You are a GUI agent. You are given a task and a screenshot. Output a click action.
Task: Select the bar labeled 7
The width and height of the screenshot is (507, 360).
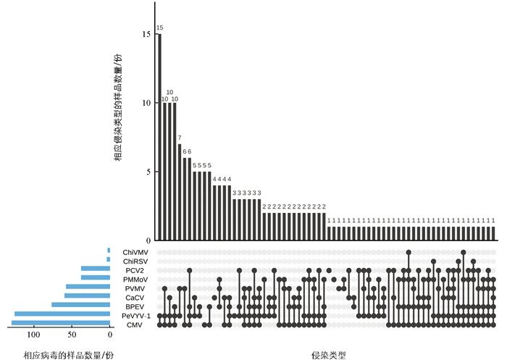(x=180, y=192)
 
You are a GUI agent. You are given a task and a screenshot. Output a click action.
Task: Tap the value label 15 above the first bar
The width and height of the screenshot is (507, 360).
(x=160, y=28)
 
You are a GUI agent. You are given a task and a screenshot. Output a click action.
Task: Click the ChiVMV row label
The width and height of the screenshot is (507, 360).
(x=136, y=251)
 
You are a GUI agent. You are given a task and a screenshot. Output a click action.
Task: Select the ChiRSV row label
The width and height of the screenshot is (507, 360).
(x=136, y=261)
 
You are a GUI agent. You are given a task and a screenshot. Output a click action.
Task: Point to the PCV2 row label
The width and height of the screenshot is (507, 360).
(x=134, y=270)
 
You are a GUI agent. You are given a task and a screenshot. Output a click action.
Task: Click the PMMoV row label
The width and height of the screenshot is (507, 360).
(x=136, y=279)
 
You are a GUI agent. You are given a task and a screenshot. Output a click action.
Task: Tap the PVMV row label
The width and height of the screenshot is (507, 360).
(x=135, y=288)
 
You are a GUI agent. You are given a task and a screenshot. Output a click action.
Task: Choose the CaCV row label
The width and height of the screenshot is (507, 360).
(x=135, y=298)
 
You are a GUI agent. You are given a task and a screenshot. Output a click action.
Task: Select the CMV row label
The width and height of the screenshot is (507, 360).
(x=135, y=325)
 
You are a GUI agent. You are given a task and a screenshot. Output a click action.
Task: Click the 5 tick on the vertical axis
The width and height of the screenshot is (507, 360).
(x=148, y=172)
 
